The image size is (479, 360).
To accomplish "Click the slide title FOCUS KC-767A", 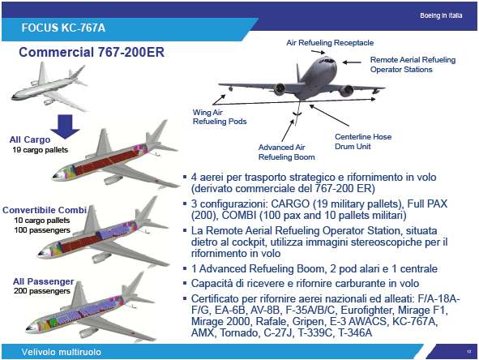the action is [63, 28].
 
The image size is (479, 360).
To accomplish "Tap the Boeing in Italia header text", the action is [441, 15].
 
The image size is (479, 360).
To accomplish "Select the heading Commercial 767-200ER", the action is [92, 52].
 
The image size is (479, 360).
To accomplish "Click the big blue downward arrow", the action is [66, 126].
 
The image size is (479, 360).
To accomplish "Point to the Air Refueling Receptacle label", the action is [330, 43].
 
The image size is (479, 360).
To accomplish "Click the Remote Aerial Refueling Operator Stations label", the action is [413, 65].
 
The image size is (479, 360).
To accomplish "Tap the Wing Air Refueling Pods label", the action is [220, 117].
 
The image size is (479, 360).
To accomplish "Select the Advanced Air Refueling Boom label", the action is [287, 152].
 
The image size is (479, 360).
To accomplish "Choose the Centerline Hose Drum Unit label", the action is [363, 142].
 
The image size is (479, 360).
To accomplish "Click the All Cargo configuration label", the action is [30, 139].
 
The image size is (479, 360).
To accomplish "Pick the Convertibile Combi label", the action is [45, 210].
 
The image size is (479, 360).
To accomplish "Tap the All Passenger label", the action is [44, 281].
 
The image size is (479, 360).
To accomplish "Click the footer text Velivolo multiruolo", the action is [61, 352].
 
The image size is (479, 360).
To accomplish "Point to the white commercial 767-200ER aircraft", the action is [49, 87].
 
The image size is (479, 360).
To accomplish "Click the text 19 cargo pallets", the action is [40, 150].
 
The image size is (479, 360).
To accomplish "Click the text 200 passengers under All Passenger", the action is [42, 291].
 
